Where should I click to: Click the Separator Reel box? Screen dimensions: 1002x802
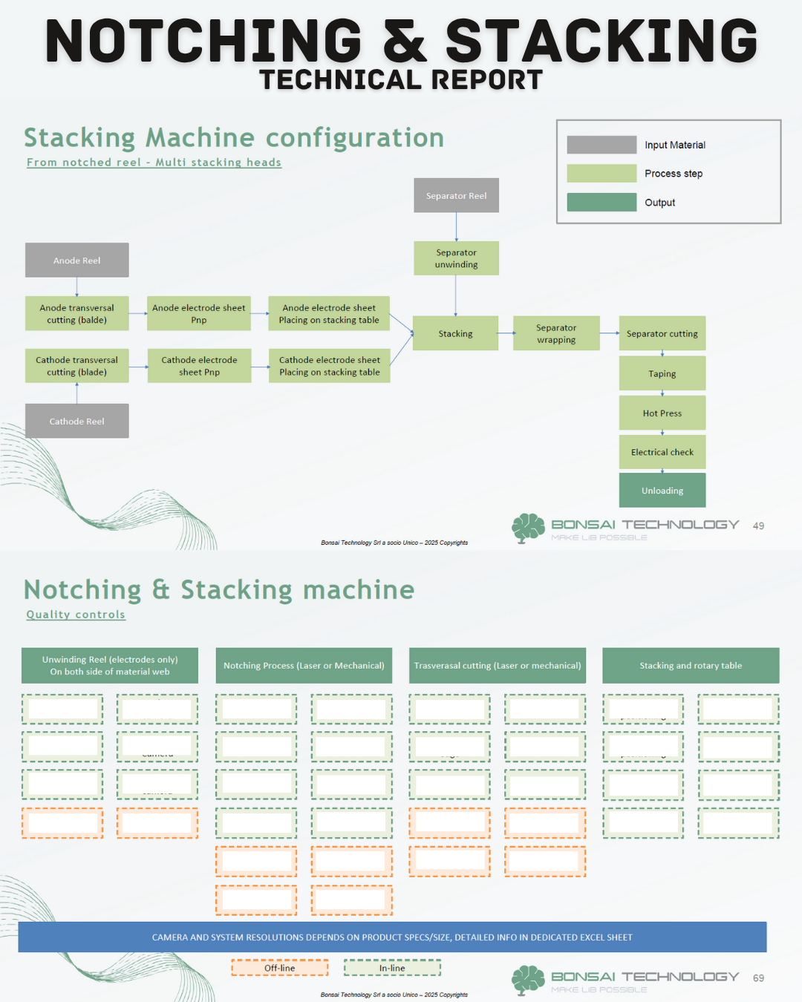(x=456, y=196)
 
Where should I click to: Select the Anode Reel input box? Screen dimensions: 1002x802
(x=76, y=261)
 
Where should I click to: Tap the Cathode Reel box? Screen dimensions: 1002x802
(x=76, y=421)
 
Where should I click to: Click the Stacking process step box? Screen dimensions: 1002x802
(x=455, y=334)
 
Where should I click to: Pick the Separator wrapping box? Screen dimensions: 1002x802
(x=555, y=334)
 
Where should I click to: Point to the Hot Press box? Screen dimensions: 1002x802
(x=662, y=413)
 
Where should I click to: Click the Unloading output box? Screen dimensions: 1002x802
(x=662, y=491)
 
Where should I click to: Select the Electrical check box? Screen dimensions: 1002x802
(x=662, y=452)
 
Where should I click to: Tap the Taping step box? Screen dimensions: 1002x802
(x=662, y=374)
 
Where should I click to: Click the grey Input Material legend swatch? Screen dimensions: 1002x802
(x=601, y=145)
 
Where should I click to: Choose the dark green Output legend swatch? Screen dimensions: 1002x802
(x=601, y=203)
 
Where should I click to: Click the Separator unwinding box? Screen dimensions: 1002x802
(x=456, y=258)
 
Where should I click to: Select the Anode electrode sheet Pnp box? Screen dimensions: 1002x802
(x=198, y=314)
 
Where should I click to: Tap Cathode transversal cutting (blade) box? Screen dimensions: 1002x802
(x=76, y=366)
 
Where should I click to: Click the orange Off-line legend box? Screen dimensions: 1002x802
(x=279, y=968)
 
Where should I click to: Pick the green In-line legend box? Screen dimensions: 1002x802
(x=392, y=968)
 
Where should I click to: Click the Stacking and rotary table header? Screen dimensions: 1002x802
(x=691, y=666)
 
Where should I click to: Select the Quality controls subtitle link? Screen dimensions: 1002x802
(x=76, y=615)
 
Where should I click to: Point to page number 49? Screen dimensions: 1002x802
(x=758, y=525)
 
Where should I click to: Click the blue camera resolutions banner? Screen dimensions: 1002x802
(x=392, y=937)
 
